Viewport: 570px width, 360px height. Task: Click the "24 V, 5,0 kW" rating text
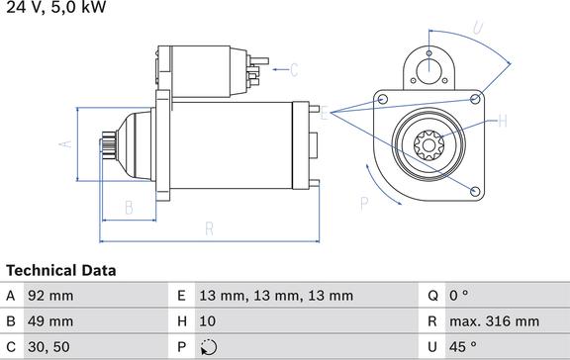[56, 7]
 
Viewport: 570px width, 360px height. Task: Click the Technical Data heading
[61, 271]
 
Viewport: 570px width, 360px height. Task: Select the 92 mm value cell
[50, 296]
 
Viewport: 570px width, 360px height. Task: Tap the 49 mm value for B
[50, 321]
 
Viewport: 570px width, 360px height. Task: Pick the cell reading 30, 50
[48, 347]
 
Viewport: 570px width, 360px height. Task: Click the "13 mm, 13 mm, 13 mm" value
[276, 296]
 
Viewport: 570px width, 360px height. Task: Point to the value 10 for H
[207, 321]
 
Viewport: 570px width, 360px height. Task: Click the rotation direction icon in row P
[209, 347]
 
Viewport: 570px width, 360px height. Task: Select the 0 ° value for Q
[459, 296]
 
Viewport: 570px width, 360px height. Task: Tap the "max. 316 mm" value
[495, 321]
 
